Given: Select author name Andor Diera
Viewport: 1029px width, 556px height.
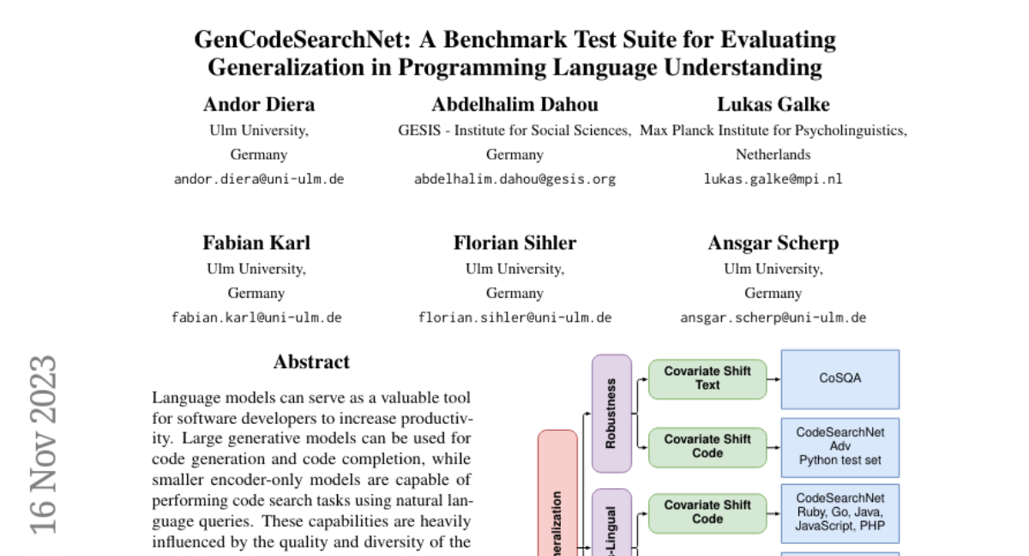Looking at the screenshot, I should [x=259, y=105].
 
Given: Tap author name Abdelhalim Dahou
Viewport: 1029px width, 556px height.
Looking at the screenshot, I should [x=514, y=105].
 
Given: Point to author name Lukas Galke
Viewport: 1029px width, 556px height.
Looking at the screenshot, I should [x=773, y=105].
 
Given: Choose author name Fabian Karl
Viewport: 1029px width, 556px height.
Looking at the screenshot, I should [x=256, y=243].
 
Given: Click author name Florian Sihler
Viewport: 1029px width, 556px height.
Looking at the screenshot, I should [x=514, y=243].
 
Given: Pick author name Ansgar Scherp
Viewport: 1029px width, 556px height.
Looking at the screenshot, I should [x=773, y=243].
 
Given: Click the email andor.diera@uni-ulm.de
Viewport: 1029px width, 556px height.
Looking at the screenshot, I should [x=259, y=179].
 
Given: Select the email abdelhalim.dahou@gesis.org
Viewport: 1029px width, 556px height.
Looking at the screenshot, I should [x=514, y=179].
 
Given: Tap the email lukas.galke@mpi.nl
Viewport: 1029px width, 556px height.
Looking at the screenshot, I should [x=773, y=179].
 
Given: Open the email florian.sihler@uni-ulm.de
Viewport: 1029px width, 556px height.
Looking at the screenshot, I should [x=514, y=317].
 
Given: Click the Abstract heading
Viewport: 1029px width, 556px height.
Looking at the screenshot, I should [x=311, y=362].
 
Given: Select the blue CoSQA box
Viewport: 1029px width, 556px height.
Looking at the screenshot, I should [x=839, y=378].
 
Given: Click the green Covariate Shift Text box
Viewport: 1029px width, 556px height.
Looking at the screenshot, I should [x=707, y=378].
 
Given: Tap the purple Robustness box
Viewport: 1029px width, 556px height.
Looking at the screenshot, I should [x=611, y=413].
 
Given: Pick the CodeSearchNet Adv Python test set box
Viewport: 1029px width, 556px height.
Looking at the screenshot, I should [x=839, y=446].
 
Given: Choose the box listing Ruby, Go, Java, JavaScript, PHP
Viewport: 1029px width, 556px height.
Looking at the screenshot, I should [x=839, y=512].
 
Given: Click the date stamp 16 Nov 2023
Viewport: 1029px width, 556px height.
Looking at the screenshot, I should [x=43, y=444].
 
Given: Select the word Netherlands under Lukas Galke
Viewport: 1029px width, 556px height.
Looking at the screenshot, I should [x=773, y=155].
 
